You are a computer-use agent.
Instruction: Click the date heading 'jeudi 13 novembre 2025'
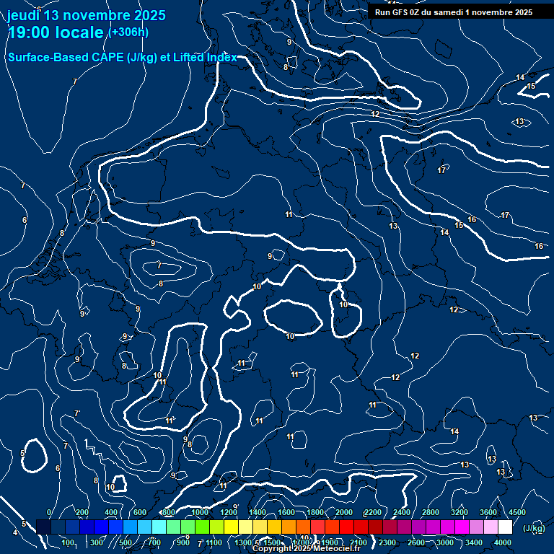[86, 15]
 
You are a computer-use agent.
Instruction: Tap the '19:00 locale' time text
[56, 32]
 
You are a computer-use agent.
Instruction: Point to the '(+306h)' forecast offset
[128, 32]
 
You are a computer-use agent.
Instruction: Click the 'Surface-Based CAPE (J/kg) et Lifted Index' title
[122, 57]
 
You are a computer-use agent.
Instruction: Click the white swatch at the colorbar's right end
[505, 527]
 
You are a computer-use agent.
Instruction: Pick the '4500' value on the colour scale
[517, 512]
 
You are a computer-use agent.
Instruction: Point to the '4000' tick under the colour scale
[503, 542]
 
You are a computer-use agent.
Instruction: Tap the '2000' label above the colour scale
[344, 512]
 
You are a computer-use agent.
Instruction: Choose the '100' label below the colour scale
[69, 542]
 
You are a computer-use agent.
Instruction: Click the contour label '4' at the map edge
[15, 533]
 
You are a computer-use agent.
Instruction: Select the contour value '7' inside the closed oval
[159, 265]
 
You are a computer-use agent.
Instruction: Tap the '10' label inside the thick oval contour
[290, 336]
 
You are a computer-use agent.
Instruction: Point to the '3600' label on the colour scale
[488, 512]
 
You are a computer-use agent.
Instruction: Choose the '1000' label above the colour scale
[200, 512]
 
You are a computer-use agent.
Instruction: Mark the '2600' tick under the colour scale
[416, 542]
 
